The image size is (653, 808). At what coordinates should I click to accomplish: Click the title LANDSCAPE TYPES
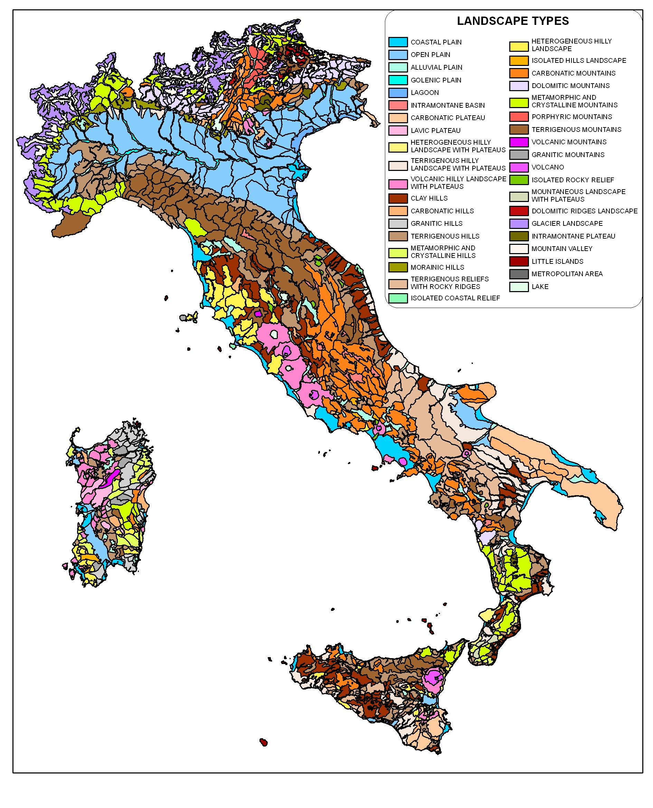click(513, 21)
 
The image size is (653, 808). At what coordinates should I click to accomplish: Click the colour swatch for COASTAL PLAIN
click(398, 42)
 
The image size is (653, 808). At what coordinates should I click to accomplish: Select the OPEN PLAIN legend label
click(430, 55)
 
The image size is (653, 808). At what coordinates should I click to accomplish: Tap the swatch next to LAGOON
click(398, 93)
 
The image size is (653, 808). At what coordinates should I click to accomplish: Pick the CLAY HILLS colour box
click(398, 199)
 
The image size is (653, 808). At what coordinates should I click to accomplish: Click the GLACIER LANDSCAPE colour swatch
click(519, 224)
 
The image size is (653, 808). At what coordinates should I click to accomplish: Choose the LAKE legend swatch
click(519, 287)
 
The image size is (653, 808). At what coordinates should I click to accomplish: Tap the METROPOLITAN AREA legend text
click(567, 274)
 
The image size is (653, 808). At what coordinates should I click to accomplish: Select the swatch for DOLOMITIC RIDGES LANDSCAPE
click(519, 211)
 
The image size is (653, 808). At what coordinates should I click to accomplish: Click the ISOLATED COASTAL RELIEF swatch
click(398, 298)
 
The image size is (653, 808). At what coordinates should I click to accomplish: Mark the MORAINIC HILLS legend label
click(437, 267)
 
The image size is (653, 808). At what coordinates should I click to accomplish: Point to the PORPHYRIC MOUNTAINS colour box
click(519, 117)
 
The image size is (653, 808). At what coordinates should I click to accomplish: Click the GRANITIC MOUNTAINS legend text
click(568, 155)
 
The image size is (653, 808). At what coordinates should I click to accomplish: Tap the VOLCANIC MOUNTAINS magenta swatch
click(519, 142)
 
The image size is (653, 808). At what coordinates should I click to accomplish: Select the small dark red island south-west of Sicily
click(264, 742)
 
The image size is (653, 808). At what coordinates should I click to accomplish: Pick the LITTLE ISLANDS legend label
click(557, 262)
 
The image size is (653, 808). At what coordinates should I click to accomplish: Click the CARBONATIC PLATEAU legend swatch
click(398, 118)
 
